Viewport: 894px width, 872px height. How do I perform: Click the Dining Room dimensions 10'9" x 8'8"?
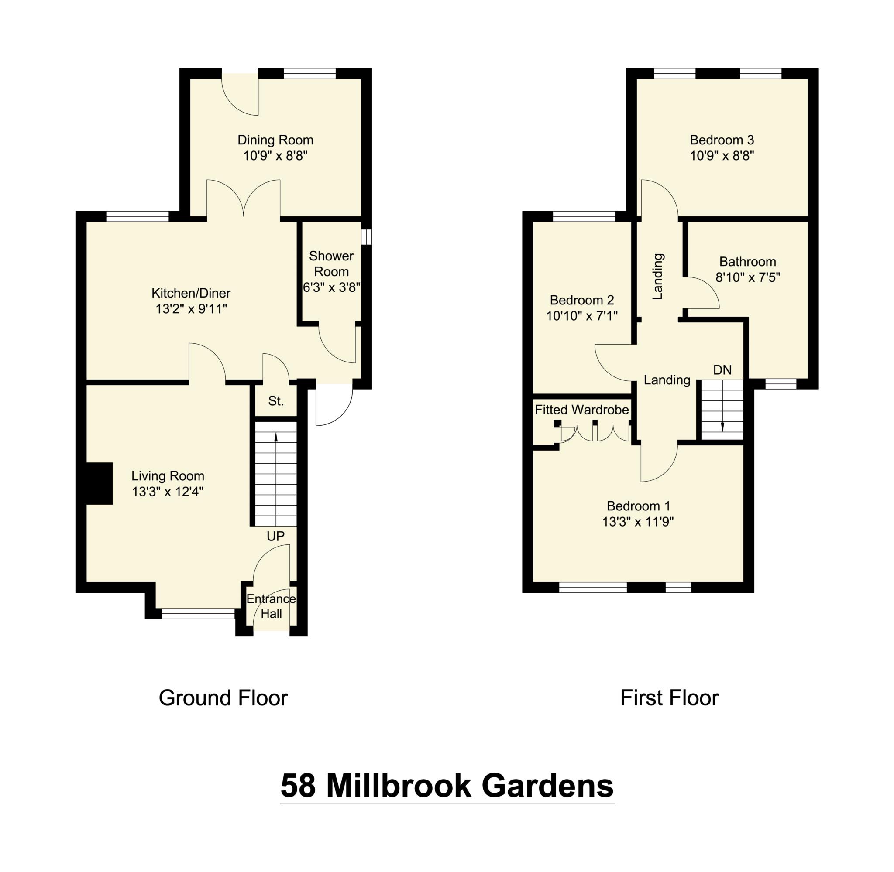click(x=275, y=156)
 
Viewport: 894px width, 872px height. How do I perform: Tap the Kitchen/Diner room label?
click(x=191, y=293)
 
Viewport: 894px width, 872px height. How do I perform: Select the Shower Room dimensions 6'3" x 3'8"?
click(x=331, y=287)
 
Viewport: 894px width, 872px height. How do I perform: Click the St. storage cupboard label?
click(x=276, y=401)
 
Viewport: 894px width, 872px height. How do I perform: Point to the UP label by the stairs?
click(x=275, y=536)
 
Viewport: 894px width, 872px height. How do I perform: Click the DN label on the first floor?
click(x=722, y=370)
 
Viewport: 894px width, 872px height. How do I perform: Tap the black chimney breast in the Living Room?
click(x=100, y=484)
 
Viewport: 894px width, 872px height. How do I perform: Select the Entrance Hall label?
click(x=271, y=606)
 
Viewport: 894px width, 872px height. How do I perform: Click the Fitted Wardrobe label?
click(x=581, y=410)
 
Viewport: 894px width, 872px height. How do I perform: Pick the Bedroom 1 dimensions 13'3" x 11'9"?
click(x=638, y=522)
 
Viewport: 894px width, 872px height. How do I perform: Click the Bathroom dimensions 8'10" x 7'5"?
click(x=747, y=277)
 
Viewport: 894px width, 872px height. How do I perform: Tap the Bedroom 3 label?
click(x=722, y=140)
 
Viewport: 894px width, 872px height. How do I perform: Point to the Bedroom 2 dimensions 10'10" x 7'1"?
click(x=581, y=315)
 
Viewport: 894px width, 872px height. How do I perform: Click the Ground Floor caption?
click(x=223, y=698)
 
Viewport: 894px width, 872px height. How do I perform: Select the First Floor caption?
click(x=669, y=698)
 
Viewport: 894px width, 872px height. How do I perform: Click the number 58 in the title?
click(x=298, y=786)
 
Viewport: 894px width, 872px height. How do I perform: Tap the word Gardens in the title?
click(x=547, y=786)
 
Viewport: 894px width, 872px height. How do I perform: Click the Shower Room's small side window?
click(x=367, y=237)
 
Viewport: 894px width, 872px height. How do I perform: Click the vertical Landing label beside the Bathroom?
click(x=657, y=277)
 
